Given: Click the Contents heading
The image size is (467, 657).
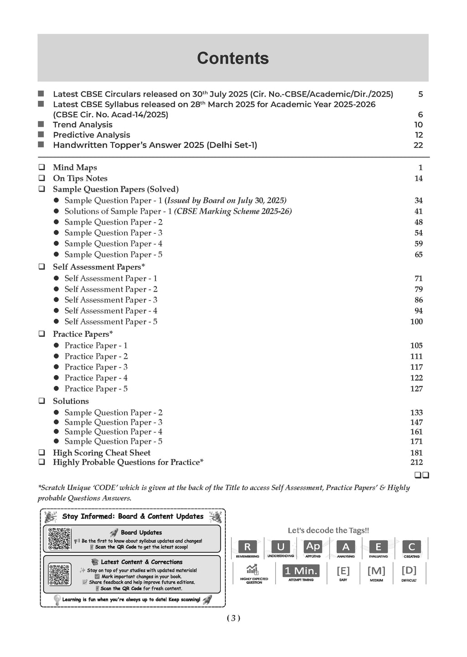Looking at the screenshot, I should [x=233, y=58].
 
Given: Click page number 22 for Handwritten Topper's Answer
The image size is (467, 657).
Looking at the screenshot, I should [x=418, y=145].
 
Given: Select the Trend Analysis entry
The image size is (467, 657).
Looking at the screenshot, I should [x=83, y=125].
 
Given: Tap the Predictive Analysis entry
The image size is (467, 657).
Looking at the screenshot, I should [x=91, y=135].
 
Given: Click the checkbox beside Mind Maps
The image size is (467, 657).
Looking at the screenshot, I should [x=42, y=167].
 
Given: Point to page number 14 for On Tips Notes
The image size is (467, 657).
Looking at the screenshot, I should [x=418, y=178].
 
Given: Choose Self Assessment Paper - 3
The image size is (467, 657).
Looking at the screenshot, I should [x=111, y=300].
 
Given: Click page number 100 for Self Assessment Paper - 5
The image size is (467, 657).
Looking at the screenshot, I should [x=416, y=322].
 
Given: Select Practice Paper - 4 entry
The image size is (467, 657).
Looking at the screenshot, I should [x=96, y=378].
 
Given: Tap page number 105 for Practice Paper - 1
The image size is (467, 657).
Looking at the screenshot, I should [x=416, y=345].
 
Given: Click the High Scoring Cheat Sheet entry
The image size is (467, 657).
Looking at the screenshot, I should [x=101, y=453].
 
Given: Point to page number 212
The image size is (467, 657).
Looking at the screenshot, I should [x=416, y=462].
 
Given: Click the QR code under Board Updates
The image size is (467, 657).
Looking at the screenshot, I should [x=59, y=539].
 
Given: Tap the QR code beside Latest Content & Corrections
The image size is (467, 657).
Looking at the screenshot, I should [x=59, y=574].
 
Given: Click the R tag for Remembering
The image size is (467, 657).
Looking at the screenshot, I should [x=248, y=547].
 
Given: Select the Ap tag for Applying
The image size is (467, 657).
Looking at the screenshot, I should [x=313, y=547].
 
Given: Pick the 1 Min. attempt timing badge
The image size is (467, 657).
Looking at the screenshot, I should [x=301, y=571].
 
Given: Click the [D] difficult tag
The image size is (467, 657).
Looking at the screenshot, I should [x=409, y=570].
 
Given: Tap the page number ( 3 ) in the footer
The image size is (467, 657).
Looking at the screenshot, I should [x=233, y=618].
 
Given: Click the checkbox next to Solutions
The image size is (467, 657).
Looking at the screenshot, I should [x=42, y=401].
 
